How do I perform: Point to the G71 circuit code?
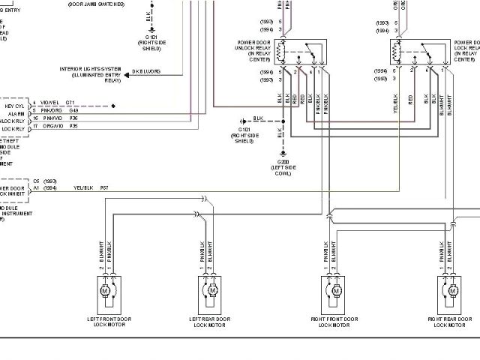pos(70,102)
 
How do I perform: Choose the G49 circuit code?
pos(73,111)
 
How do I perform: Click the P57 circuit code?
pos(104,187)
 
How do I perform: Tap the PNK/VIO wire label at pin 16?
pos(52,118)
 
